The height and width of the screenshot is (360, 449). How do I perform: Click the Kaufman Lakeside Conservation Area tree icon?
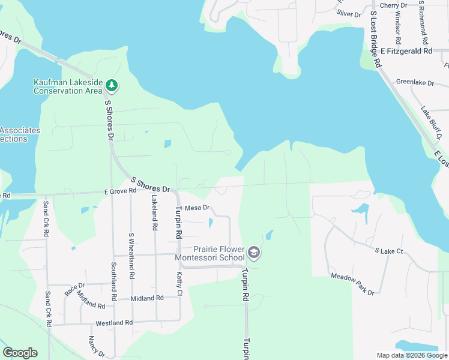point(112,86)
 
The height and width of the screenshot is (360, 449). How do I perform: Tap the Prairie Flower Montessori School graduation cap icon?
point(254,253)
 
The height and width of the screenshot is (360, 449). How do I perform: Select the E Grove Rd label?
point(120,191)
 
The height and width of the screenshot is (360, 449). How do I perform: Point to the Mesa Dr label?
point(196,208)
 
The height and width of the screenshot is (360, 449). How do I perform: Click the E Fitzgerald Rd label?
point(406,52)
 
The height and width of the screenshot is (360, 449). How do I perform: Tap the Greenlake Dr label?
point(415,82)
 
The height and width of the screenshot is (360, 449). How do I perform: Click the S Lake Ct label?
point(388,251)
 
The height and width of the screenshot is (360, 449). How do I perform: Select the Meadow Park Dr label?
point(352,284)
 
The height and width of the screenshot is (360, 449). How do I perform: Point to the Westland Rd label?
point(114,323)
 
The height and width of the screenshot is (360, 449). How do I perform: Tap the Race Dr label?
point(74,289)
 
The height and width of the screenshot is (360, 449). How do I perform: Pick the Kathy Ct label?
point(179,283)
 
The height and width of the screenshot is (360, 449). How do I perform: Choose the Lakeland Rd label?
point(154,213)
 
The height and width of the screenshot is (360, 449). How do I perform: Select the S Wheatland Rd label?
point(131,256)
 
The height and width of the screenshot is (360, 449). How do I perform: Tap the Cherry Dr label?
point(393,5)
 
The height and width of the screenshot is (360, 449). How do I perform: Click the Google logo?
point(20,353)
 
